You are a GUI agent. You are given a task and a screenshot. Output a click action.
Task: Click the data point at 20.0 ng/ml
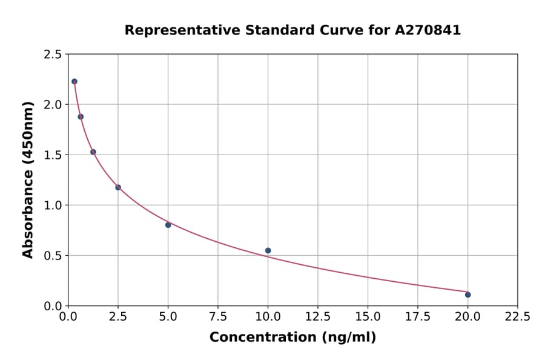coord(467,295)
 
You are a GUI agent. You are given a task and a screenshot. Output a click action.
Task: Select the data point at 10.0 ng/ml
coord(268,250)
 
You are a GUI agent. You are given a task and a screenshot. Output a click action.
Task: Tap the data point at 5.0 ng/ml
coord(168,225)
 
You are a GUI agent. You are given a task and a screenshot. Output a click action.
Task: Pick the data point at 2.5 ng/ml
coord(118,187)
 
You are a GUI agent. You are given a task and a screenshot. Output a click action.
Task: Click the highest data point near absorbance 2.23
coord(74,81)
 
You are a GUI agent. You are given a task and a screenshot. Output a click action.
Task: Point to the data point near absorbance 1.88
coord(81,116)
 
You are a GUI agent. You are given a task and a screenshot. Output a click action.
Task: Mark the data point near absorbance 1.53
coord(93,152)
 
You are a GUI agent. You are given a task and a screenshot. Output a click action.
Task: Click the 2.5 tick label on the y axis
coord(52,55)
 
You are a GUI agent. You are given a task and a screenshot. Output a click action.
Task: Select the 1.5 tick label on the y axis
coord(52,155)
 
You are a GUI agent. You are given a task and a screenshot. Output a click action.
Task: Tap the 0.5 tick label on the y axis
coord(52,256)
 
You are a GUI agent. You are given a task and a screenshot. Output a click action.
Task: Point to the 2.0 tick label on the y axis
coord(52,105)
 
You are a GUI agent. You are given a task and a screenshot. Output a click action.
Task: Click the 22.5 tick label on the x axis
coord(517,317)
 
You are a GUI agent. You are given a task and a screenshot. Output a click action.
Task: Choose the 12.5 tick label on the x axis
coord(318,317)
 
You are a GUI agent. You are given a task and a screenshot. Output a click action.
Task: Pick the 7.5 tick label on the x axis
coord(218,317)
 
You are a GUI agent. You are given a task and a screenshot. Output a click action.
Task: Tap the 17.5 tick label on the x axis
coord(417,317)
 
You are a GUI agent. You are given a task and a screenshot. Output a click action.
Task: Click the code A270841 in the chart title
coord(428,30)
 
